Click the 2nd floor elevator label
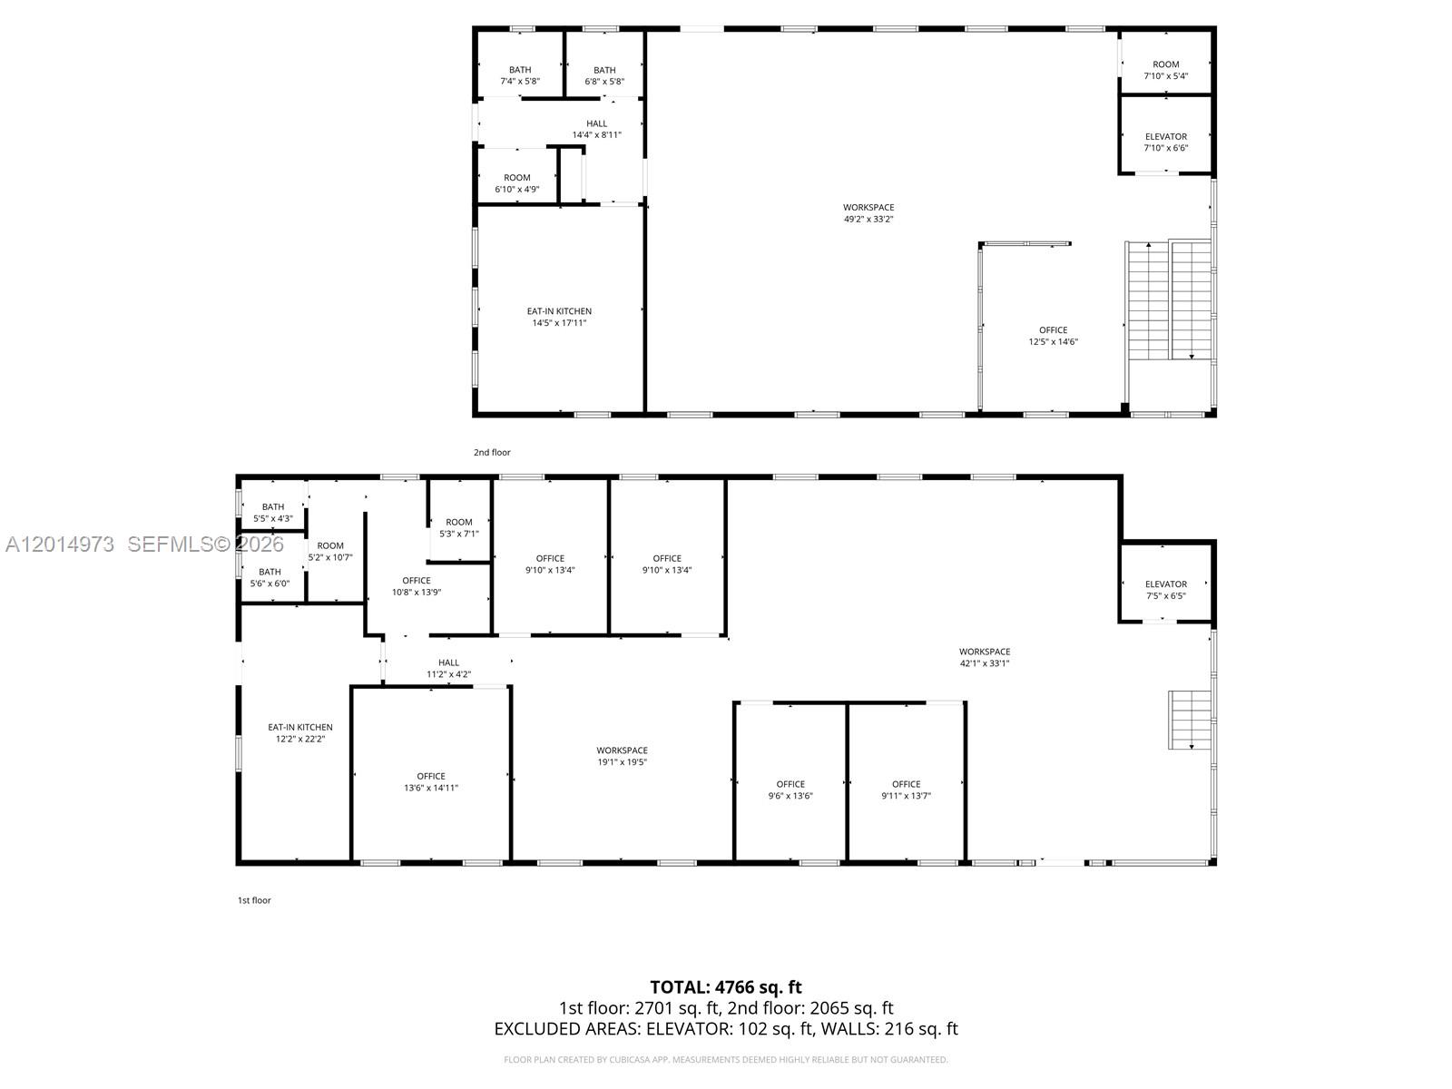pos(1165,142)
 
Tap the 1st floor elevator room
pos(1165,584)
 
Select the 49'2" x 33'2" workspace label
pos(868,213)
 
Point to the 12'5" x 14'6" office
pos(1053,336)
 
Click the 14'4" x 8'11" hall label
pos(596,129)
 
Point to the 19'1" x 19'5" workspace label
pos(622,756)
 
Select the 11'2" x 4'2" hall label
pos(448,668)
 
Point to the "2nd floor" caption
pos(492,452)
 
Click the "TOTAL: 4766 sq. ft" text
pos(726,987)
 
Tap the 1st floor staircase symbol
pos(1190,720)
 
